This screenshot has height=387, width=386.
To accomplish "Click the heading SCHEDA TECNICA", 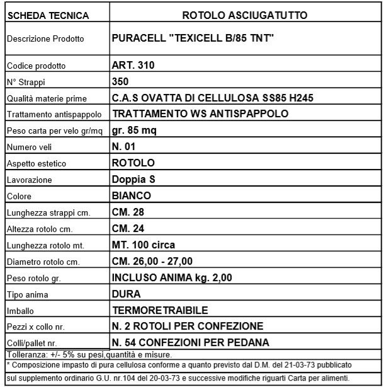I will click(40, 14).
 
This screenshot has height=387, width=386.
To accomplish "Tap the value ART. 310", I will click(133, 65).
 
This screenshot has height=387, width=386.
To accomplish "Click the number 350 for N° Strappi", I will click(120, 81).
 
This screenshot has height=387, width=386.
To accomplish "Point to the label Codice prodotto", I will click(36, 66).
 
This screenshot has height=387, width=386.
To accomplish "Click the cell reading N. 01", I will click(125, 147).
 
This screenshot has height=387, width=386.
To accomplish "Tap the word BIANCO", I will click(131, 196).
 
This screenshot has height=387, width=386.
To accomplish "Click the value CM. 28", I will click(128, 212).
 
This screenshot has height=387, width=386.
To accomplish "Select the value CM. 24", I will click(128, 229).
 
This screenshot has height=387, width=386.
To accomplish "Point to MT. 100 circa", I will click(143, 245).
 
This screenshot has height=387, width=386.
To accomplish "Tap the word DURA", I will click(126, 294).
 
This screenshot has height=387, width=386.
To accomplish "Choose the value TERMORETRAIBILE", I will click(159, 311).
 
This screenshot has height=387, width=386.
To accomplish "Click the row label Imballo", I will click(20, 311).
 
